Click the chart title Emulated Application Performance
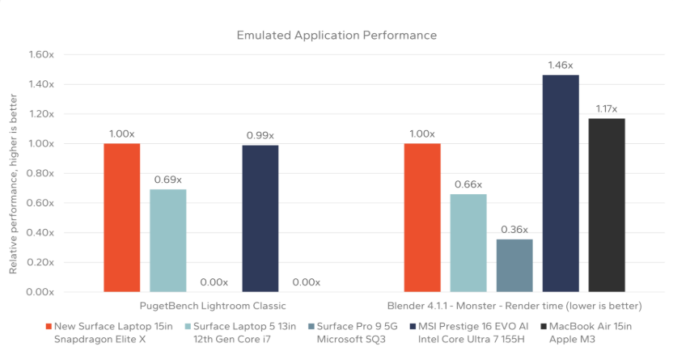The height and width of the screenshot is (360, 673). (336, 36)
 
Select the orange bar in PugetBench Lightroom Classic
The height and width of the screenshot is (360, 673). (122, 218)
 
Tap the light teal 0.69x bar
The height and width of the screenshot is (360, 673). (168, 240)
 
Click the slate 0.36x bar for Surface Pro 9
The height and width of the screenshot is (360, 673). (514, 265)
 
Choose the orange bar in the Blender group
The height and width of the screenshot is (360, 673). (422, 218)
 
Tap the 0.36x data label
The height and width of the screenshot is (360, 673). (514, 229)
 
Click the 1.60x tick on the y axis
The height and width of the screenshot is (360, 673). (40, 55)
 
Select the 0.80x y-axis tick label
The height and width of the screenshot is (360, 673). (40, 173)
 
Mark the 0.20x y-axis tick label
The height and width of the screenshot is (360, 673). (40, 262)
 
